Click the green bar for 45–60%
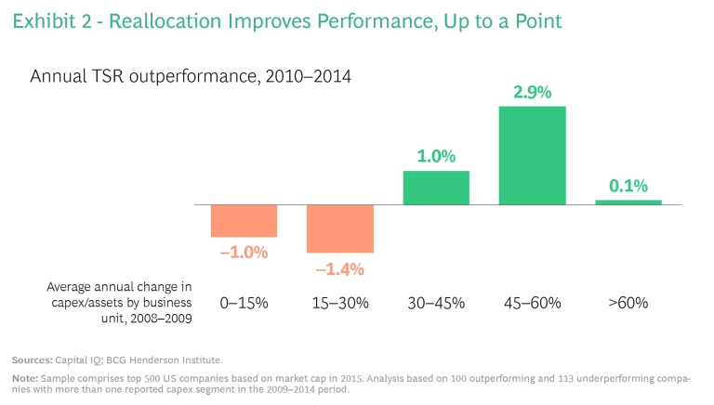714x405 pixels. (x=532, y=155)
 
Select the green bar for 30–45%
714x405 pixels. (x=436, y=188)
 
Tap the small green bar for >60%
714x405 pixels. (x=628, y=202)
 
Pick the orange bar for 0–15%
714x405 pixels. (x=244, y=221)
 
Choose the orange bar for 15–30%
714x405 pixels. (x=340, y=229)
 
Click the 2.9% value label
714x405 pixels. (x=532, y=93)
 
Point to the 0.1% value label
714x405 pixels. (x=628, y=187)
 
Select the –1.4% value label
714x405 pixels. (x=339, y=269)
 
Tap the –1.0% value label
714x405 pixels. (x=244, y=253)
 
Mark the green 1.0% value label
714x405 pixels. (x=436, y=157)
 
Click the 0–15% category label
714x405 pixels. (x=244, y=303)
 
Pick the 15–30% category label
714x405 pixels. (x=340, y=303)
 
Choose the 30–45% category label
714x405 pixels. (x=436, y=303)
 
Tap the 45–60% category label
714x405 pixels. (x=532, y=303)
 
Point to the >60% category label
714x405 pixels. (x=628, y=303)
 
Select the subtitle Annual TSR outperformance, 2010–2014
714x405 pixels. (x=191, y=76)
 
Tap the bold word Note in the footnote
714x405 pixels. (x=25, y=377)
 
